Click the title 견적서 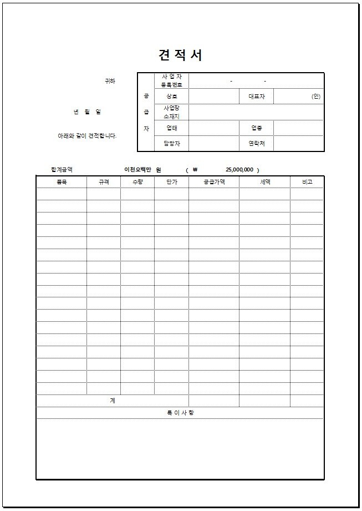(180, 55)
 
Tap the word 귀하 (110, 81)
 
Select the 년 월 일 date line (88, 112)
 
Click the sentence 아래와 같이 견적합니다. (87, 136)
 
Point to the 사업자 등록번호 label (171, 80)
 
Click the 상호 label (171, 96)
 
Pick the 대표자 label (257, 96)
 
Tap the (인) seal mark (316, 96)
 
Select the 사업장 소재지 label (171, 112)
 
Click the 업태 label (171, 128)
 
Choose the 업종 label (257, 128)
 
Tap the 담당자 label (171, 144)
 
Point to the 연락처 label (257, 144)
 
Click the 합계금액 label (62, 170)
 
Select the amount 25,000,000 (239, 170)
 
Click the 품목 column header (62, 181)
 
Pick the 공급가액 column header (214, 181)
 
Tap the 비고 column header (307, 181)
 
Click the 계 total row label (113, 401)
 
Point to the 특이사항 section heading (180, 413)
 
